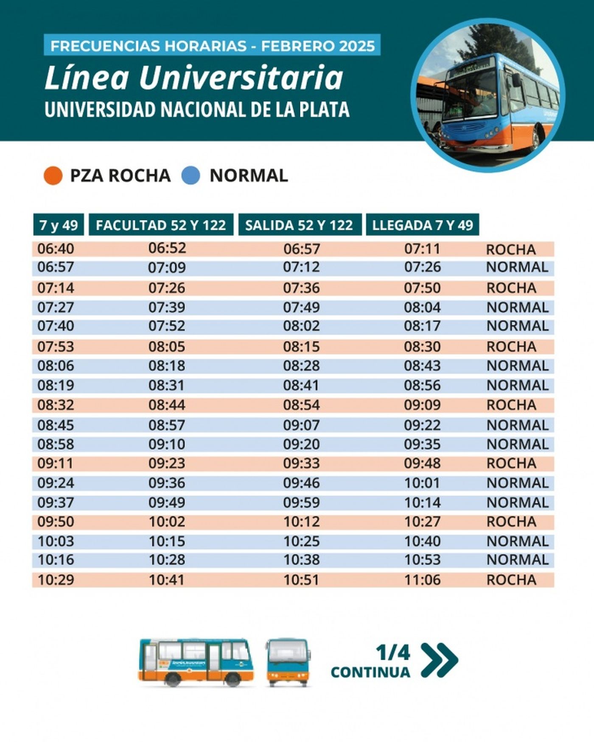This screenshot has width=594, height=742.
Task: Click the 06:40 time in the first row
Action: (56, 249)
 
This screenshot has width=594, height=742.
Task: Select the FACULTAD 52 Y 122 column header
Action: (161, 225)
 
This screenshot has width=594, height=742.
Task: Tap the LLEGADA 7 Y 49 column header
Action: (422, 225)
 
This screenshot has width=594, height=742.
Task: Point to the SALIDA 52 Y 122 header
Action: (299, 225)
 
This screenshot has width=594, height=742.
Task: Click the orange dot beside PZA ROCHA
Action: (53, 176)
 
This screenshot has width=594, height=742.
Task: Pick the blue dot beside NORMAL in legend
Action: (191, 176)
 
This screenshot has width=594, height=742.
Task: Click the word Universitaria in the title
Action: (241, 78)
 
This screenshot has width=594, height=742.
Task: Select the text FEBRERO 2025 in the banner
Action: (318, 46)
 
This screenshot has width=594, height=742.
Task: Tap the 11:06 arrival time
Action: (422, 580)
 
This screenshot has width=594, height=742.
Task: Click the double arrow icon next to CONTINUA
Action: (440, 660)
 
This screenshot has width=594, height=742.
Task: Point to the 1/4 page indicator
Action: (393, 653)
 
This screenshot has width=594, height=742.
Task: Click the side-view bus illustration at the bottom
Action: (196, 662)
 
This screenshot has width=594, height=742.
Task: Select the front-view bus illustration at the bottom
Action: (288, 662)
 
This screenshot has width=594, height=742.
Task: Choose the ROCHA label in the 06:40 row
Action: (511, 250)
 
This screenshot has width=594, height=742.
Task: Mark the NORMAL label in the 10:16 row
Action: (517, 560)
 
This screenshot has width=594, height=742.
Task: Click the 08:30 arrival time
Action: (422, 347)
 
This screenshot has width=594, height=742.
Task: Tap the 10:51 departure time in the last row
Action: (301, 580)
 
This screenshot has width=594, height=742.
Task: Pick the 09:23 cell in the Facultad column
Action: (167, 463)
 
